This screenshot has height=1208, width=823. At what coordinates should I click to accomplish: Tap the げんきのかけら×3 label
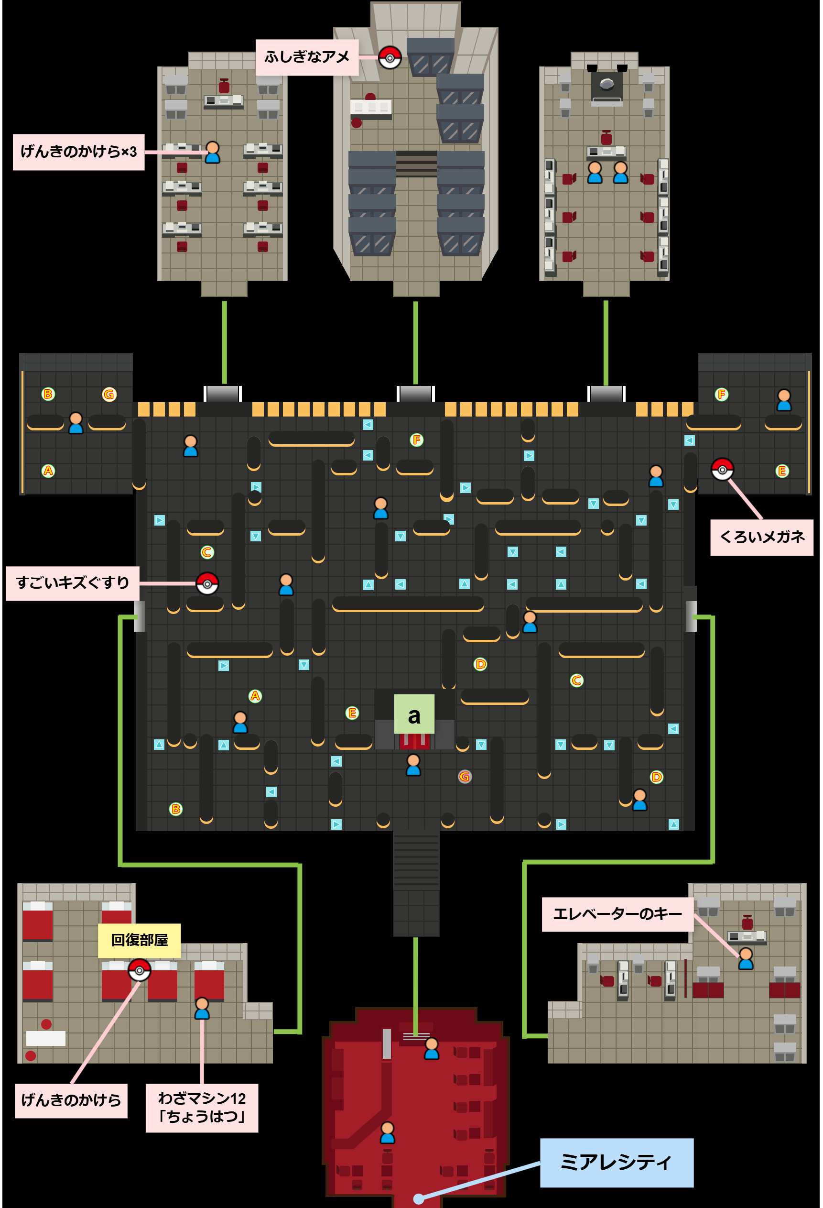(78, 152)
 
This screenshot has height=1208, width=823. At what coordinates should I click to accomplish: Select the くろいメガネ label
(761, 537)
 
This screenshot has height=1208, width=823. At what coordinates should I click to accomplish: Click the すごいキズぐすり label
(72, 583)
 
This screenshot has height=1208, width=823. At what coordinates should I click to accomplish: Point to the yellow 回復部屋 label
(139, 940)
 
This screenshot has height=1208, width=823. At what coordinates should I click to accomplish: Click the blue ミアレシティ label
(616, 1162)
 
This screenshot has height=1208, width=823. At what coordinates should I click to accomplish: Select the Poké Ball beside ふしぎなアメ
(390, 58)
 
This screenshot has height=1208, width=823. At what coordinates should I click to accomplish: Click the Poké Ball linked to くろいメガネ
(722, 469)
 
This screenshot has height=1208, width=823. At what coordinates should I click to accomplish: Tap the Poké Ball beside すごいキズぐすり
(207, 584)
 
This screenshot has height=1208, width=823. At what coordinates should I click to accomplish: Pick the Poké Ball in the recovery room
(139, 970)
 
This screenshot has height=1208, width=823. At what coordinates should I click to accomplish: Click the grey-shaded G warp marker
(465, 777)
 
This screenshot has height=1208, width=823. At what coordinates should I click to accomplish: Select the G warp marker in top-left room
(109, 395)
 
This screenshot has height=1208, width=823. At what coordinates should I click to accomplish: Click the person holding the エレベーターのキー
(746, 958)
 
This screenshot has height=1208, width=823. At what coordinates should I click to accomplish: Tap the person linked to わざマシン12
(202, 1009)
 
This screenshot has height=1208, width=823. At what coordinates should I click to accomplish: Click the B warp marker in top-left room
(48, 394)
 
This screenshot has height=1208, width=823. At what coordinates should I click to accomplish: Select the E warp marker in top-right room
(782, 471)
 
